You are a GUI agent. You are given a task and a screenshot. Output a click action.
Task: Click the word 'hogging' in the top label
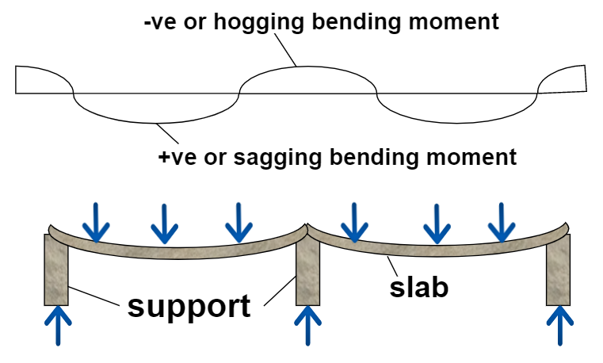point(277,21)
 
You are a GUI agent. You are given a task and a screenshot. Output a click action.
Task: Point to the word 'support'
point(189,304)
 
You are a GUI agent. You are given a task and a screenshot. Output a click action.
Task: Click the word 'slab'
point(419,287)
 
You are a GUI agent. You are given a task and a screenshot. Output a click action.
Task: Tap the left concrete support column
point(56,270)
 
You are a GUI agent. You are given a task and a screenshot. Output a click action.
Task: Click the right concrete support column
point(559,270)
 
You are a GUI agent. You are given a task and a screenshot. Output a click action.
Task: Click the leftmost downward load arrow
point(97,222)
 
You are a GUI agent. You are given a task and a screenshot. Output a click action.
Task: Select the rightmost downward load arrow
point(499,222)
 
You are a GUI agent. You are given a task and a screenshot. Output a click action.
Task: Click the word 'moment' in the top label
point(457,21)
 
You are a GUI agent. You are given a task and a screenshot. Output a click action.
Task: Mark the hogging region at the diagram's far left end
point(40,80)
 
